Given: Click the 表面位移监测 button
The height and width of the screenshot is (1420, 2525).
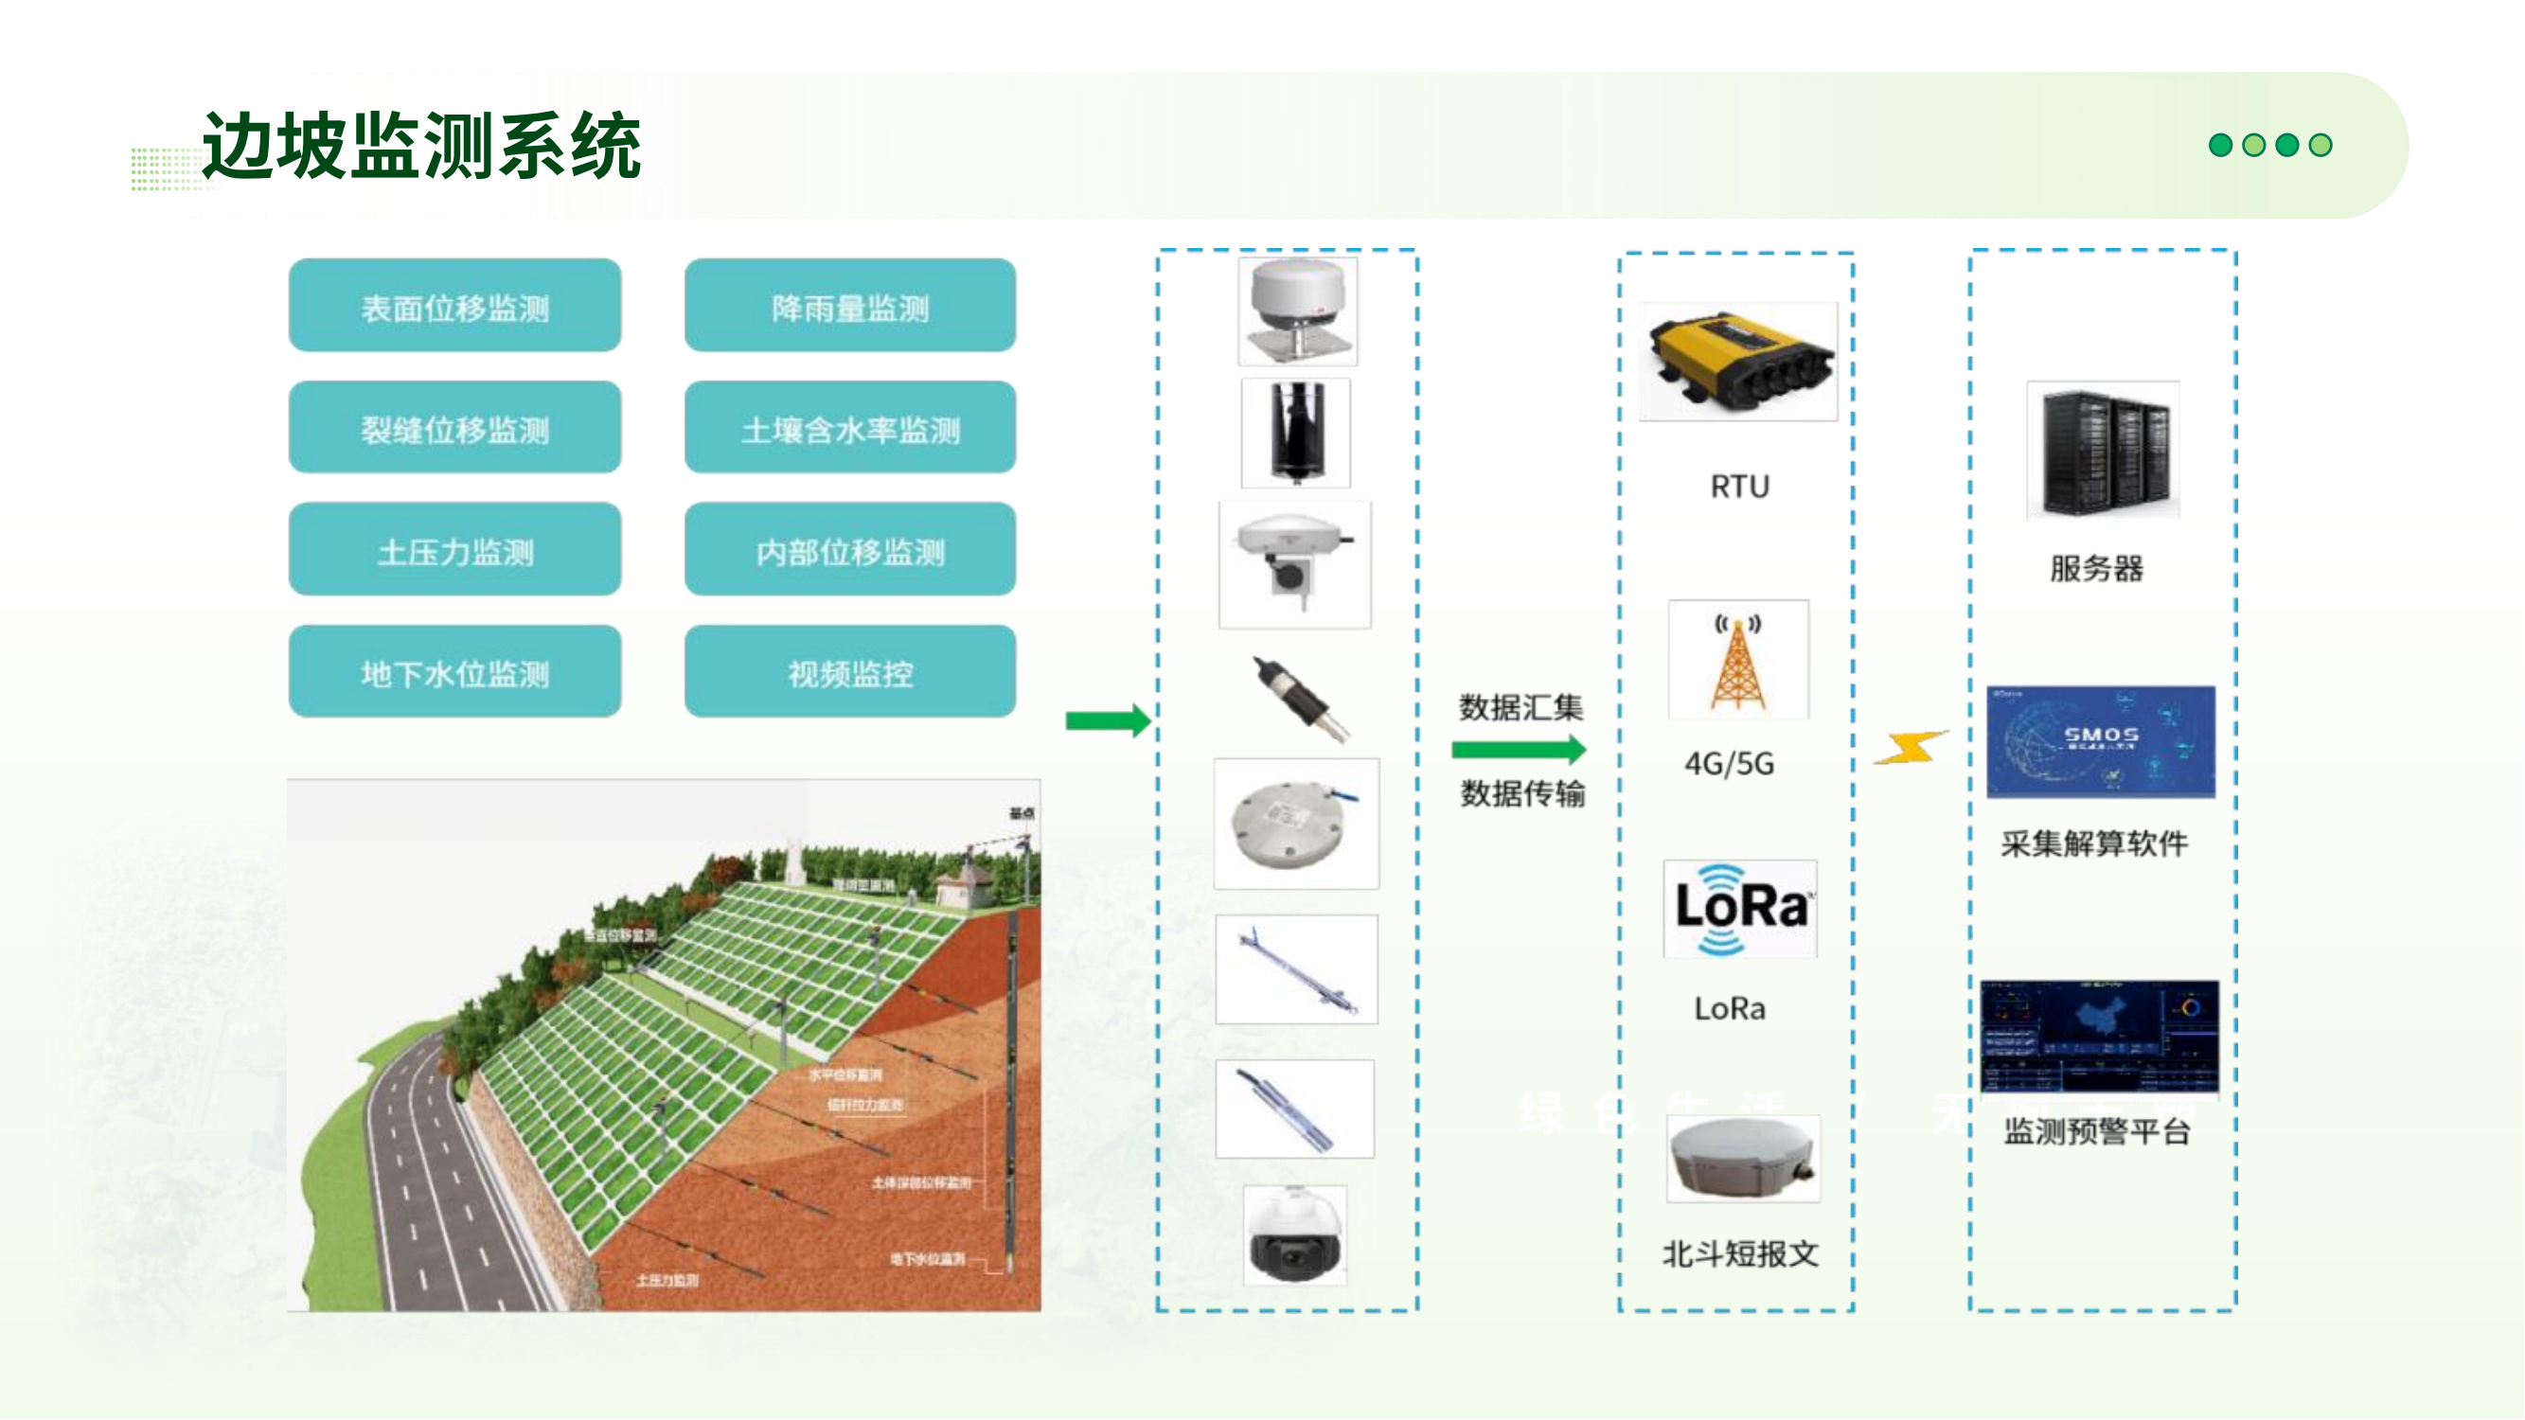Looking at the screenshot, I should pos(454,306).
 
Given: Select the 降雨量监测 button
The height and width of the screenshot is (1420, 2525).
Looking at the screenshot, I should pos(850,306).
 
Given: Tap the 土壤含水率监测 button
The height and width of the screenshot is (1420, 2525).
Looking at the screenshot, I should pos(850,428).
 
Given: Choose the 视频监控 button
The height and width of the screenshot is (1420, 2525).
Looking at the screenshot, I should pos(850,672).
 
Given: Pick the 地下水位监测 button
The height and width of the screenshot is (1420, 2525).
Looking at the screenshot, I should pos(454,672).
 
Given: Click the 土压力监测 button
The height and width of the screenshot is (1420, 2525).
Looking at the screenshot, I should pos(454,550).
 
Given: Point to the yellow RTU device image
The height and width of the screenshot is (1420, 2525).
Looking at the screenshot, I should pos(1738,362).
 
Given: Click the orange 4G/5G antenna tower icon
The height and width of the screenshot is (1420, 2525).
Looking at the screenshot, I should pos(1738,661).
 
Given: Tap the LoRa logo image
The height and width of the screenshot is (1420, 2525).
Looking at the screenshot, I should pos(1740,909).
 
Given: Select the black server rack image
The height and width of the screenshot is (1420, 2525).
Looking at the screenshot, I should pos(2103,450).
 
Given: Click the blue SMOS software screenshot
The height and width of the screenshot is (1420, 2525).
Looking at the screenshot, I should pos(2100,741).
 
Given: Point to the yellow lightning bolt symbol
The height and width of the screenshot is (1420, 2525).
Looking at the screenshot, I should pos(1910,748).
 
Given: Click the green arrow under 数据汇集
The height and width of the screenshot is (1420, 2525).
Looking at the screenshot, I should pos(1519,751).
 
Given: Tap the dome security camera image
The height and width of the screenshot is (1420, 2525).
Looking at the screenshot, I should pos(1295,1235).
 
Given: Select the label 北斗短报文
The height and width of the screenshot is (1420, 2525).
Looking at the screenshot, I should pos(1740,1253).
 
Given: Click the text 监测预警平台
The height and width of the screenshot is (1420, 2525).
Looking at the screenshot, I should pos(2097,1132).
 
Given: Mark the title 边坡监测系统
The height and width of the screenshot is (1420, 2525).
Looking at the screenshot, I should pos(421,146).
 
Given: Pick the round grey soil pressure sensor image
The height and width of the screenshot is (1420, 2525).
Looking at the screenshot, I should pos(1295,824).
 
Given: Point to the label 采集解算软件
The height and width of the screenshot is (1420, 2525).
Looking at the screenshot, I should pos(2093,843).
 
